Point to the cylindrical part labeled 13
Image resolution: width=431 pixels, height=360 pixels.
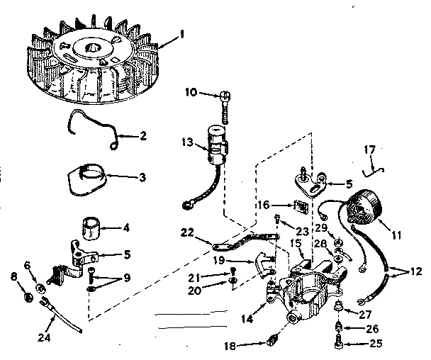216,140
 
